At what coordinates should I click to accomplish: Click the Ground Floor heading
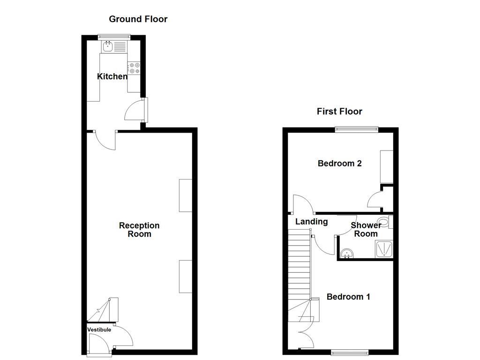point(138,19)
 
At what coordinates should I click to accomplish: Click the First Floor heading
point(339,112)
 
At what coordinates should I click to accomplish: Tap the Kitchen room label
point(112,76)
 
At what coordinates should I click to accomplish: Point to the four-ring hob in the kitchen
point(134,68)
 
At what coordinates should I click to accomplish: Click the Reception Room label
point(139,230)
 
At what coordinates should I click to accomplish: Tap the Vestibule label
point(99,330)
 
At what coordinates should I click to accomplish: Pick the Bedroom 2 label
point(340,164)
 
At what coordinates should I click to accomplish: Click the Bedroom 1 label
point(348,297)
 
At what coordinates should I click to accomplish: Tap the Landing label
point(311,222)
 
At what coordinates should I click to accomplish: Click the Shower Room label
point(366,230)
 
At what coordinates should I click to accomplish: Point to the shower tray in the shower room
point(384,249)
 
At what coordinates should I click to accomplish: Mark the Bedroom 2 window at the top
point(356,128)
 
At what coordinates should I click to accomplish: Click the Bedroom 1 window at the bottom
point(349,352)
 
